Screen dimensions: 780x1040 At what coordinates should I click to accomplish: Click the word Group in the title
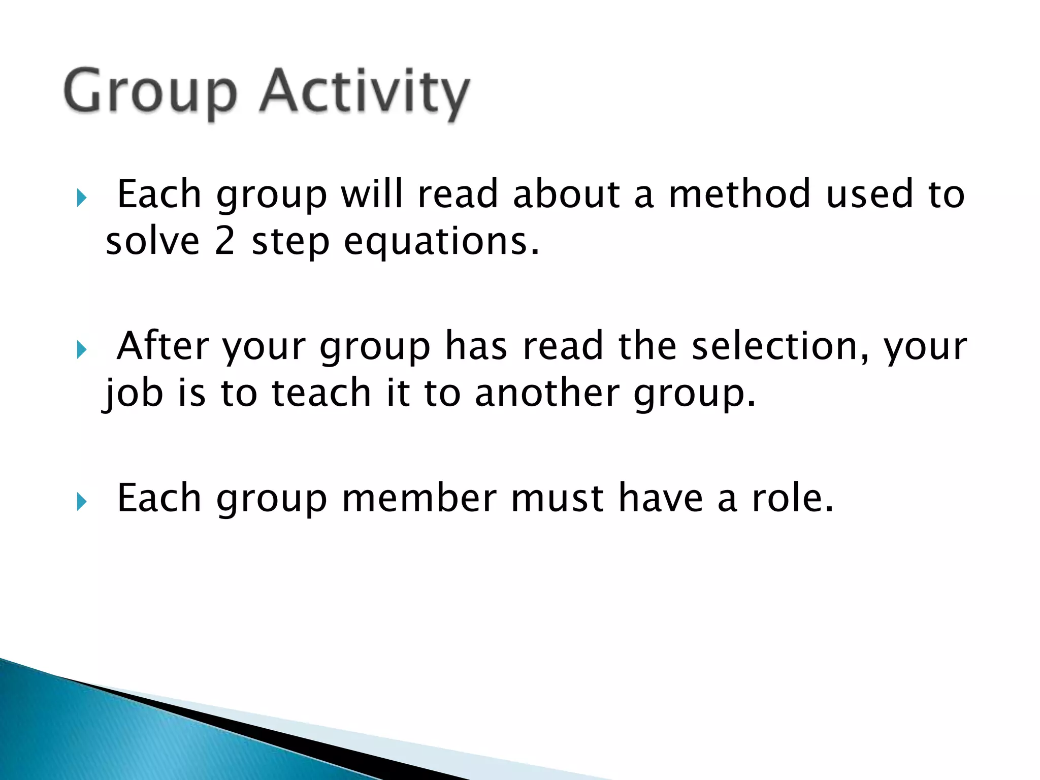tap(150, 92)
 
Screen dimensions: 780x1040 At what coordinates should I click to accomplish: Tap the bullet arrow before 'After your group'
tap(82, 349)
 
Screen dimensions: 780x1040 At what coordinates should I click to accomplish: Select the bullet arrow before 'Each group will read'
tap(82, 198)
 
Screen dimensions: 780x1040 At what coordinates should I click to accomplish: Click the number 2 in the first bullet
tap(224, 241)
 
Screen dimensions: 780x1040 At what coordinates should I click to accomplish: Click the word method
tap(739, 194)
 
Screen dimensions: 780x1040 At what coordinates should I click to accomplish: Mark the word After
tap(162, 346)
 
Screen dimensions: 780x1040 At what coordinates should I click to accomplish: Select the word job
tap(133, 394)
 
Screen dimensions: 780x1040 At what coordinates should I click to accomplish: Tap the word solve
tap(152, 241)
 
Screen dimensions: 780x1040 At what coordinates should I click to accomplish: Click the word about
tap(566, 194)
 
